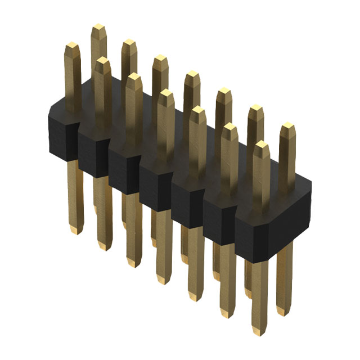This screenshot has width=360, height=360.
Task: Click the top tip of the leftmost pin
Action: click(71, 45)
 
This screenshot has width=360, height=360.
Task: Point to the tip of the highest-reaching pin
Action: click(98, 27)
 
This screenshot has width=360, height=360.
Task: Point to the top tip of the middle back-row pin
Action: click(192, 74)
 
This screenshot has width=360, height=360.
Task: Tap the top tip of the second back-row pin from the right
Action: click(255, 108)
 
